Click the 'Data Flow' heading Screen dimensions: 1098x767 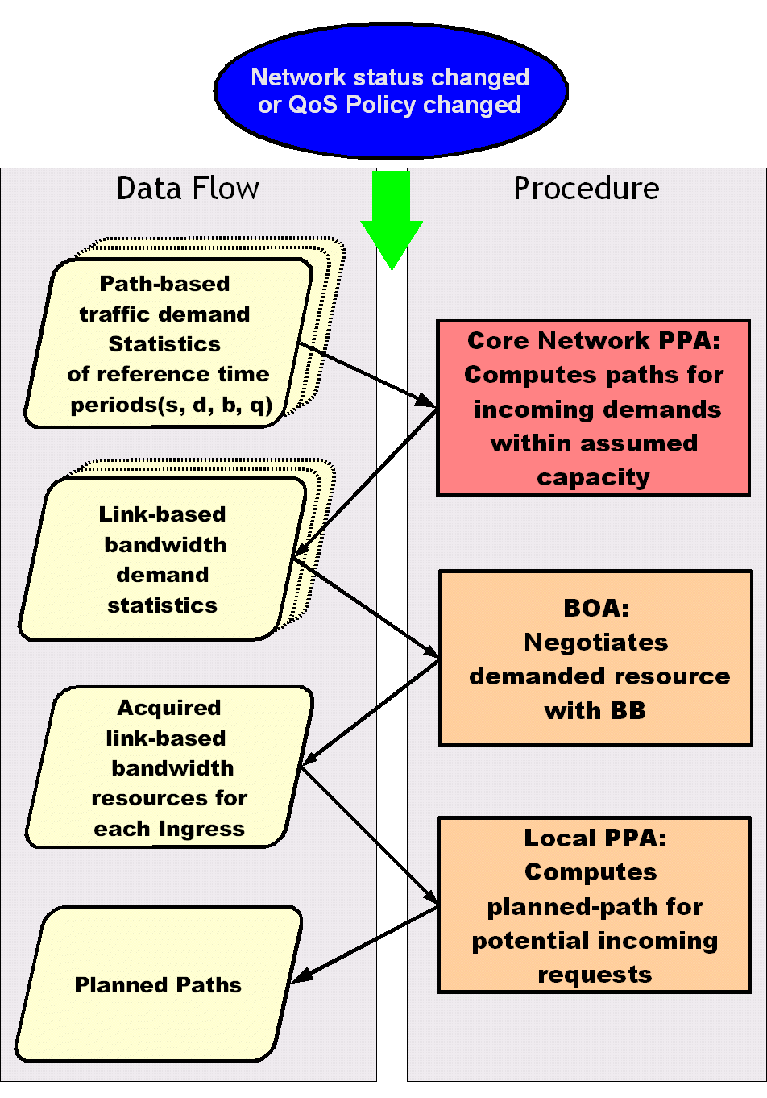pos(188,189)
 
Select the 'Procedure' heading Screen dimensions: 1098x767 pos(586,189)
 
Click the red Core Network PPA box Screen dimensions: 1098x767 pos(593,408)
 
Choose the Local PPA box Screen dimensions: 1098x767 pos(595,905)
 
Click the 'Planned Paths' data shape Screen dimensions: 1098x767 pos(158,984)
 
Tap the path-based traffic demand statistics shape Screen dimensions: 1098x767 pos(168,343)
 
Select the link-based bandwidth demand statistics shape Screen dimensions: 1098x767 pos(163,559)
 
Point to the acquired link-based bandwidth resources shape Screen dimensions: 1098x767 pos(168,767)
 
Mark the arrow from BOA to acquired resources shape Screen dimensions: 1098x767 pos(371,712)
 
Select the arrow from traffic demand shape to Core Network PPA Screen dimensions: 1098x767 pos(367,375)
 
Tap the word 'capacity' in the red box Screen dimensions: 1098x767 pos(593,476)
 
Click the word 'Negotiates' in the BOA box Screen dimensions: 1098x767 pos(595,642)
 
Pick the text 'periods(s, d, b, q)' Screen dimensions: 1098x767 pos(171,404)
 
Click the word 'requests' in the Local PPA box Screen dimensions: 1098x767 pos(595,974)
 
